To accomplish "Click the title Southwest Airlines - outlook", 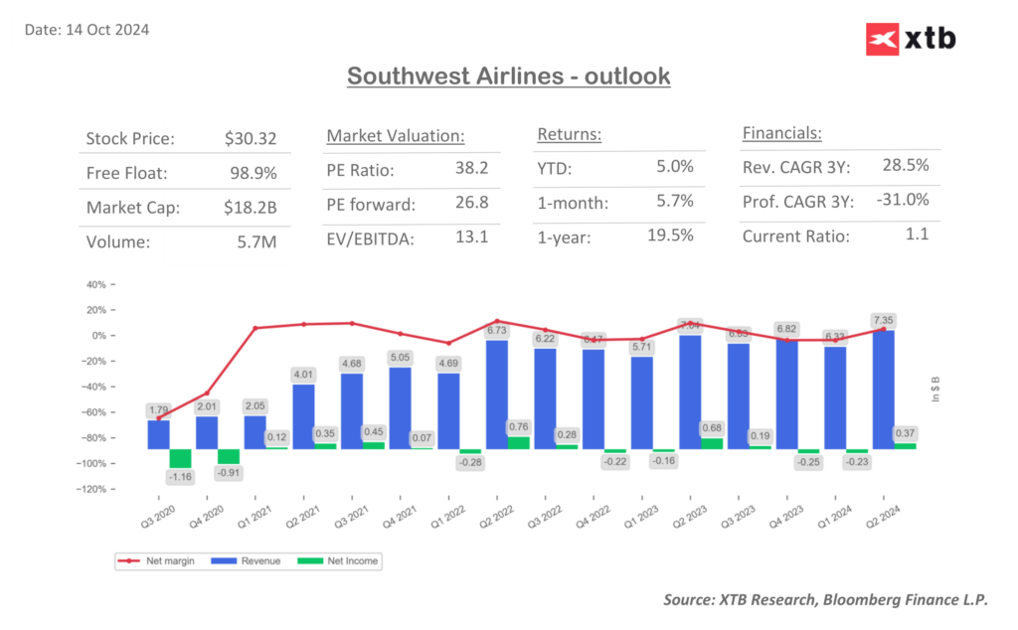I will pyautogui.click(x=508, y=76).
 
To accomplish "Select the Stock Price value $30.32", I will pyautogui.click(x=251, y=138).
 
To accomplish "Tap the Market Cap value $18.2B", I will pyautogui.click(x=251, y=208).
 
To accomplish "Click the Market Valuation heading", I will pyautogui.click(x=396, y=135).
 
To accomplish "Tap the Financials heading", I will pyautogui.click(x=781, y=133).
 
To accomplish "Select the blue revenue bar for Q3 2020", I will pyautogui.click(x=159, y=434).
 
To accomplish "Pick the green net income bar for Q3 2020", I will pyautogui.click(x=180, y=458).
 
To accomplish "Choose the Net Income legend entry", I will pyautogui.click(x=352, y=561).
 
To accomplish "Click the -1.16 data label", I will pyautogui.click(x=179, y=478).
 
